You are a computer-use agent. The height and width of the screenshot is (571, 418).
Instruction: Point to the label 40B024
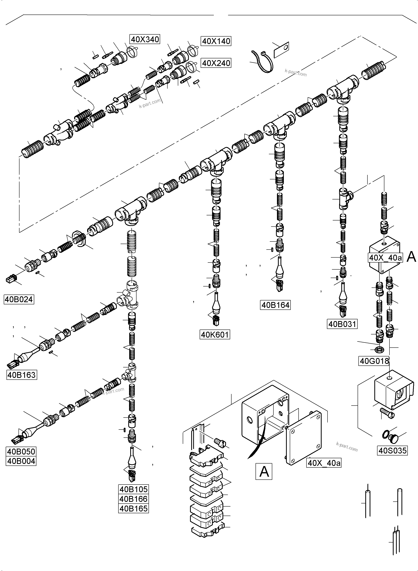(19, 299)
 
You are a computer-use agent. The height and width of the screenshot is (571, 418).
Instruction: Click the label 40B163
(21, 375)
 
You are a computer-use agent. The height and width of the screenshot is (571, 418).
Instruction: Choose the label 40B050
(21, 452)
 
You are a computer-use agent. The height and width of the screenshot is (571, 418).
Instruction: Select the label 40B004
(21, 461)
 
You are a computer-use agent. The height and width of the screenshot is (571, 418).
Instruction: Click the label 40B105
(133, 489)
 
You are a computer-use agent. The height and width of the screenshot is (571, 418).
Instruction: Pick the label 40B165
(133, 509)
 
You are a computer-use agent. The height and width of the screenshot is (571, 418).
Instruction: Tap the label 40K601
(215, 335)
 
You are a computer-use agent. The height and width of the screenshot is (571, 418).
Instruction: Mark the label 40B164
(275, 305)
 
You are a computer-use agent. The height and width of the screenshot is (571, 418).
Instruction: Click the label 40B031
(342, 324)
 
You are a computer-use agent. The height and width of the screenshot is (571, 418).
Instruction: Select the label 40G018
(374, 361)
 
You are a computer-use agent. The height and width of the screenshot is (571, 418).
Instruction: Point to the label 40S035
(392, 450)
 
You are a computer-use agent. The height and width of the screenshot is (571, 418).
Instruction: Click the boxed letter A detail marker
(264, 471)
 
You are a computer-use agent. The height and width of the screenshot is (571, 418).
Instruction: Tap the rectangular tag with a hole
(281, 50)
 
